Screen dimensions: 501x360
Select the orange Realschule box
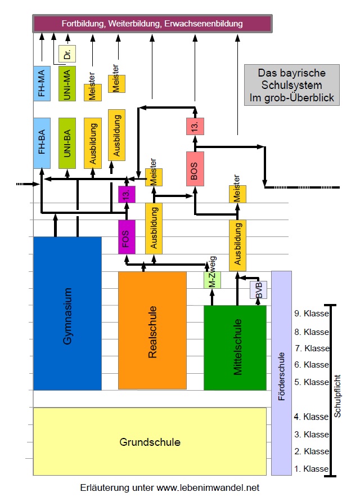(152, 330)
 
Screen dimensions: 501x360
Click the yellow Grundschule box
(150, 442)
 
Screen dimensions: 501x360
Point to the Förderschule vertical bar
(281, 373)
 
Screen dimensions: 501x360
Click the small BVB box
(258, 289)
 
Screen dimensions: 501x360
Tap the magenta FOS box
(127, 235)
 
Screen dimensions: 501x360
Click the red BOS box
(195, 169)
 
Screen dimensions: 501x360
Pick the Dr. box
(67, 55)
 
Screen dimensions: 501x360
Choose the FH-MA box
(42, 83)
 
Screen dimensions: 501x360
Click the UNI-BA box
(67, 143)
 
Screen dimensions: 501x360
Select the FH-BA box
(42, 143)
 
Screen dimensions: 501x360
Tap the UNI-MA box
(67, 83)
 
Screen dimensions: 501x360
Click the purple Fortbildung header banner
(152, 24)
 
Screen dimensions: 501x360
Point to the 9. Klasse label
(311, 314)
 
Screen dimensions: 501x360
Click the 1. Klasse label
(311, 469)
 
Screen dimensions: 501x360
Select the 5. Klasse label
(311, 382)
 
